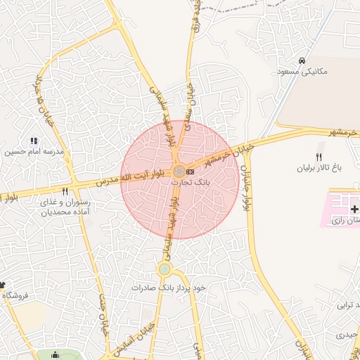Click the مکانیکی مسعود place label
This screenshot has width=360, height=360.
coord(303,72)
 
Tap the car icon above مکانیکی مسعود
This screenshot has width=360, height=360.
coord(302,60)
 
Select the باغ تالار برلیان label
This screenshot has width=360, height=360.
coord(317,169)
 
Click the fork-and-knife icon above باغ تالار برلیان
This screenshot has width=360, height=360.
coord(319,157)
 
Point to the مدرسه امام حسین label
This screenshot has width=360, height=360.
coord(34,152)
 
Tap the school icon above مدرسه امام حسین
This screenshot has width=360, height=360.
coord(34,141)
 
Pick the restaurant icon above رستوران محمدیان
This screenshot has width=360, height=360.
coord(65,191)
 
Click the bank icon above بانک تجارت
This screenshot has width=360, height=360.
coord(191,172)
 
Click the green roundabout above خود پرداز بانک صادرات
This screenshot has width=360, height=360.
coord(165,269)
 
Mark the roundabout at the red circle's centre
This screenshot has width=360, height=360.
coord(179,171)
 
